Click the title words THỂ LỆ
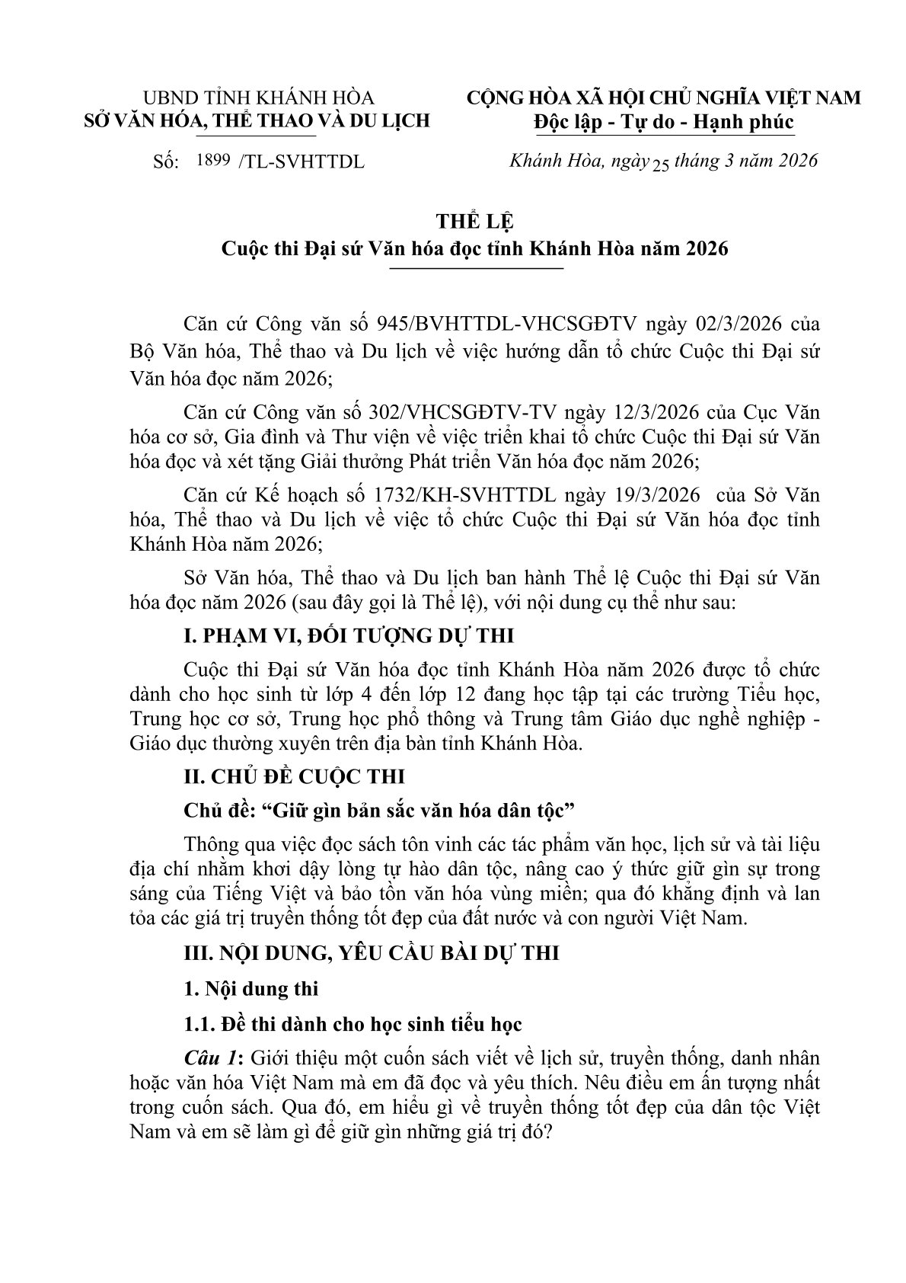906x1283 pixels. point(475,222)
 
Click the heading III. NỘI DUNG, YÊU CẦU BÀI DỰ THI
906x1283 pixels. point(372,953)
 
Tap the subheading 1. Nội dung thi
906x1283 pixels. point(251,989)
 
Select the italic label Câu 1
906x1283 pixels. point(212,1059)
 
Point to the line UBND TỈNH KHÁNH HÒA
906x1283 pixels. point(259,98)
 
